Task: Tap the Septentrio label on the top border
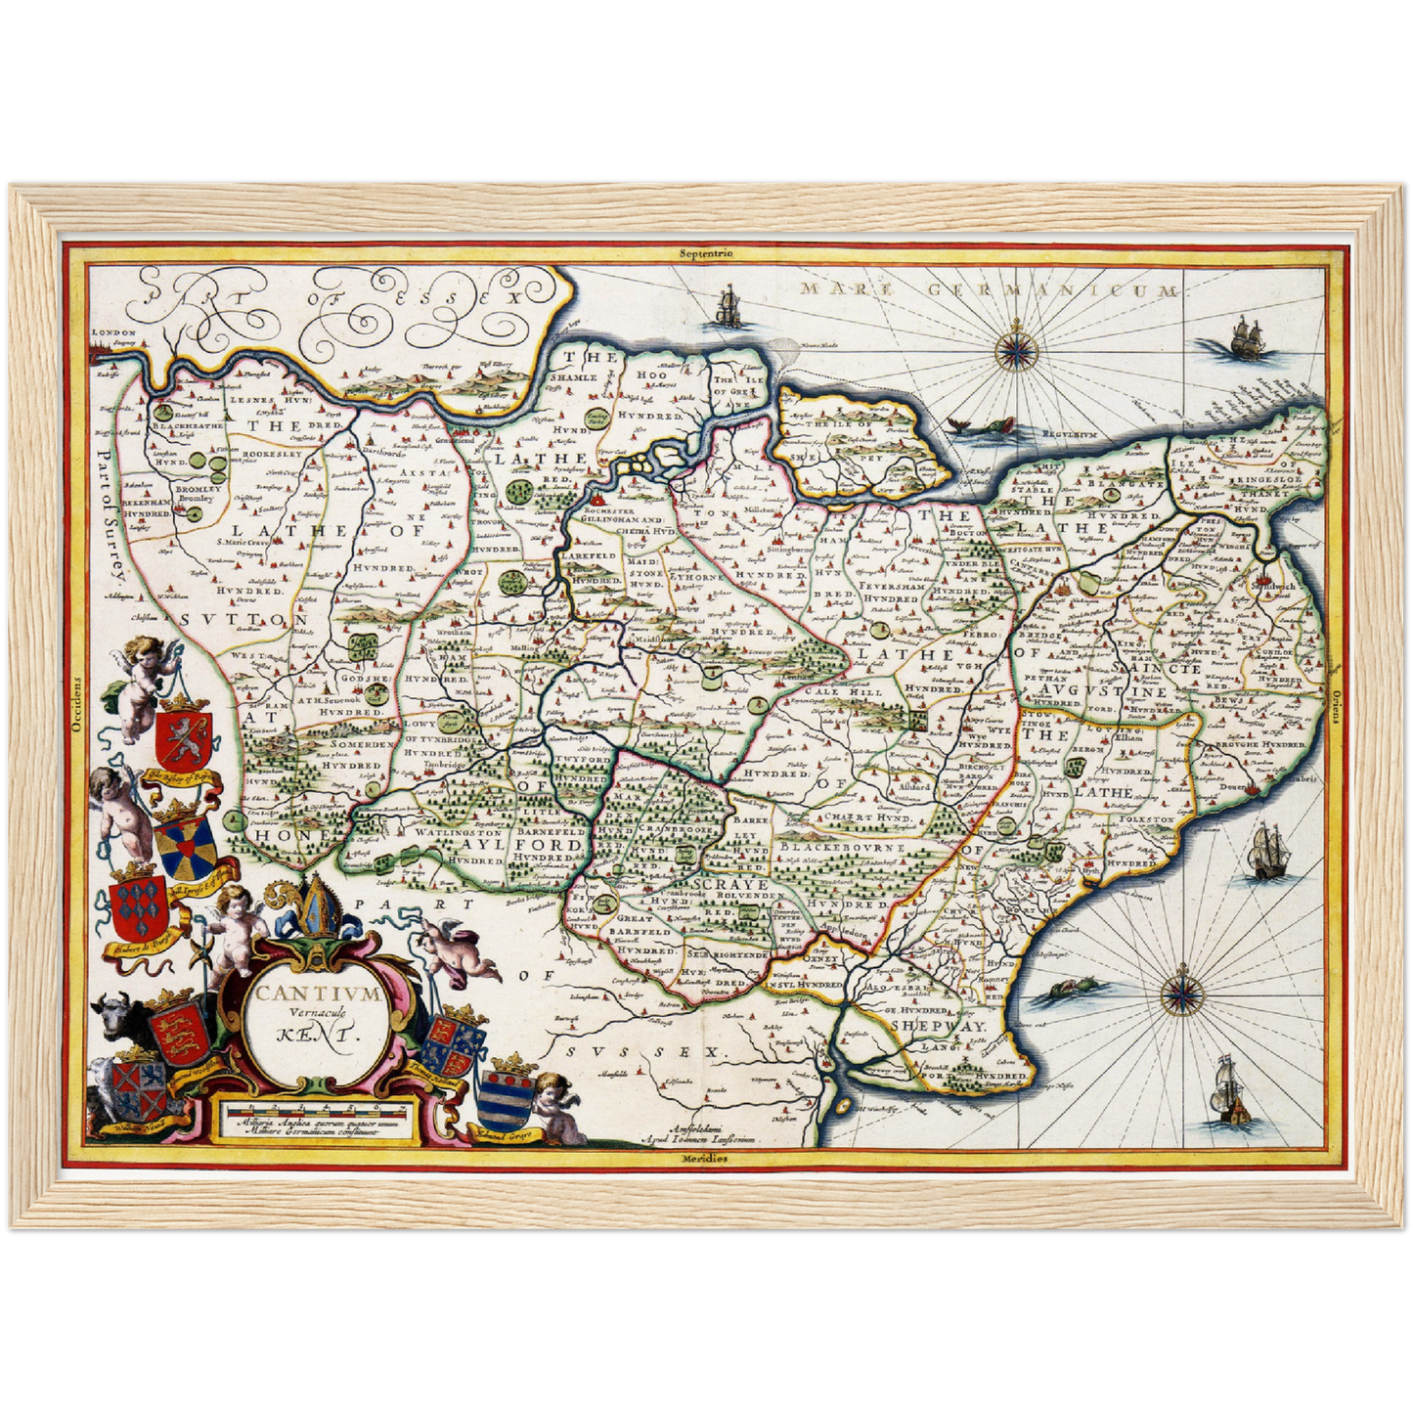coord(707,253)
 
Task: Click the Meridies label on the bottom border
coord(705,1158)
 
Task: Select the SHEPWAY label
coord(937,1026)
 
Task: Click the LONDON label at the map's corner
coord(109,332)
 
